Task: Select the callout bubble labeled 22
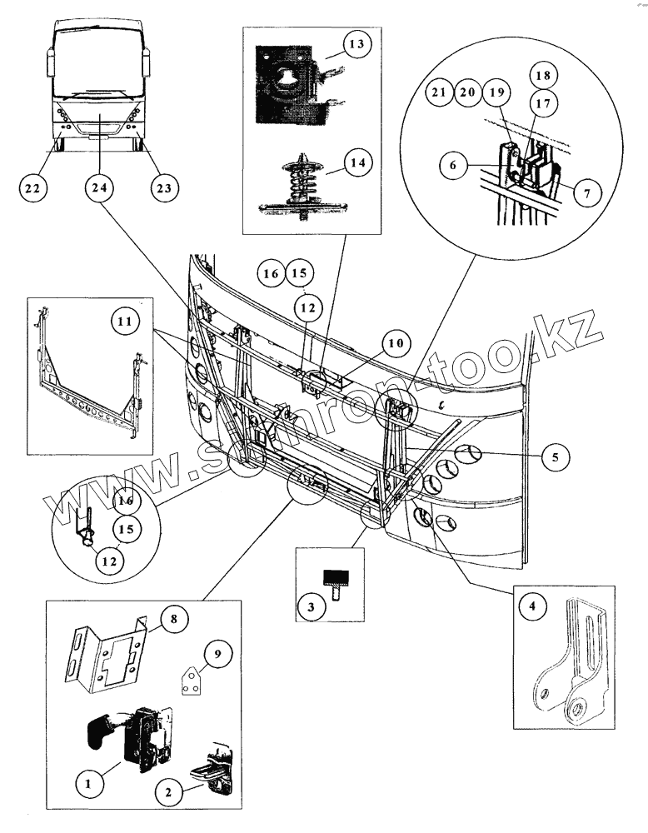click(32, 188)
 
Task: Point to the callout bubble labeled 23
click(163, 188)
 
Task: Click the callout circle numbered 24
click(99, 188)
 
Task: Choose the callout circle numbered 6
click(453, 166)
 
